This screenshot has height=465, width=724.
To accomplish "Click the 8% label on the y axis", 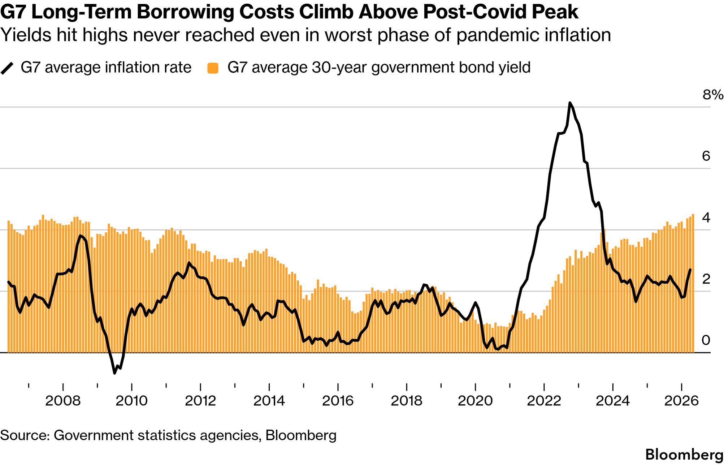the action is tap(712, 95).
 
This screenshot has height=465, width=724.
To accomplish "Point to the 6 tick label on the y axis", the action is tap(706, 156).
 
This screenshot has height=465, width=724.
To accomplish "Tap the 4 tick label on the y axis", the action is tap(706, 218).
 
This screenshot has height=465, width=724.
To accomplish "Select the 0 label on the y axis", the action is tap(706, 340).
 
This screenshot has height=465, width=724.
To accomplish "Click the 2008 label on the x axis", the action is tap(63, 401).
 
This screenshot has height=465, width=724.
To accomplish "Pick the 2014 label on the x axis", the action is tap(269, 401).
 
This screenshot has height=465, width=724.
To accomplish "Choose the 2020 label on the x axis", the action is tap(475, 401).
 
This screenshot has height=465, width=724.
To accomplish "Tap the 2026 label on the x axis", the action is tap(681, 401).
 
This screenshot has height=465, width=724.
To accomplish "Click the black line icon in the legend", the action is tap(7, 68).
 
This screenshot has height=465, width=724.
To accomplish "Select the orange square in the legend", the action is tap(213, 68).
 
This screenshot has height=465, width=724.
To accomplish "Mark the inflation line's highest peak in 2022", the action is tap(570, 103).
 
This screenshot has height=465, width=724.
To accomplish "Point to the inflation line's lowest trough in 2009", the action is tap(114, 373).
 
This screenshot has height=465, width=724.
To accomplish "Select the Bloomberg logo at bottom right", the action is tap(684, 455).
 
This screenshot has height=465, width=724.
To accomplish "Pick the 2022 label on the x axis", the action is tap(544, 401).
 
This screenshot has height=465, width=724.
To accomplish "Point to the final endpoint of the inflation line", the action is tap(690, 270).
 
